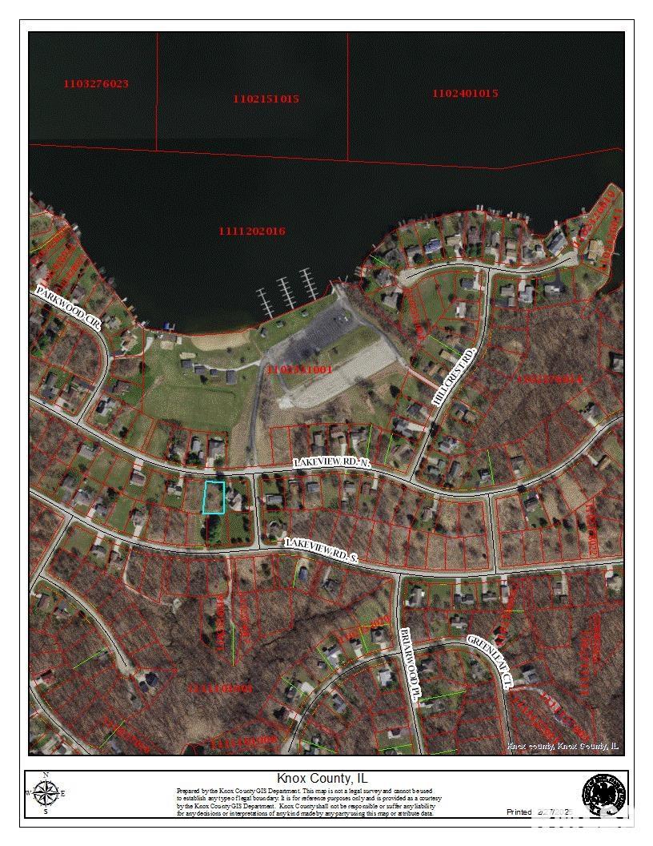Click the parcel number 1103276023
point(96,84)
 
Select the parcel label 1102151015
point(266,99)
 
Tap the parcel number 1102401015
point(465,94)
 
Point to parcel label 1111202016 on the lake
point(252,232)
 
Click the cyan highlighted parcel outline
point(213,497)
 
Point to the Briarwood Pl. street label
point(409,664)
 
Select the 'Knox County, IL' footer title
point(322,778)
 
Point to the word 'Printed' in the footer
point(519,812)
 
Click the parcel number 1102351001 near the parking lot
point(301,370)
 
